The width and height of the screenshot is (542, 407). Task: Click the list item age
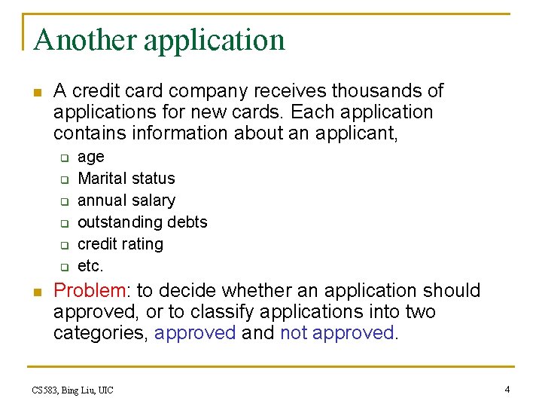coord(91,158)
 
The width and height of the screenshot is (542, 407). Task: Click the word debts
coord(186,222)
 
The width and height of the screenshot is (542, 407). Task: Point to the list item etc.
coord(90,266)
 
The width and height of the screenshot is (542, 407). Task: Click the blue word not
coord(293,333)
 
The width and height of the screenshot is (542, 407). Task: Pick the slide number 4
coord(507,389)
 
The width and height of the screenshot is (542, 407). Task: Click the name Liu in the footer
coord(87,390)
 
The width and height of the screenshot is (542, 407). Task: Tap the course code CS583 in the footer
coord(46,390)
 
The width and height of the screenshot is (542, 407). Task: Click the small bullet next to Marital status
coord(65,180)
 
